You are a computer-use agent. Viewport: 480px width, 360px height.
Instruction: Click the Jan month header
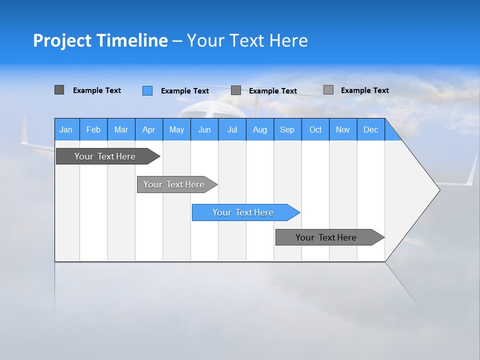click(66, 129)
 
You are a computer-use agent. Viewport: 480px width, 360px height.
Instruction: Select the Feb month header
click(93, 129)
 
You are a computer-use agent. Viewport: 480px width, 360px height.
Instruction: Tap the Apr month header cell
click(149, 129)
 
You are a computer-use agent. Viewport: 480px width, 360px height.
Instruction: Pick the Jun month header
click(204, 129)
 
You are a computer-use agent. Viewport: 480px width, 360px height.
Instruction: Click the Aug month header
click(260, 129)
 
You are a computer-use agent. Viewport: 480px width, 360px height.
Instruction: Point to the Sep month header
click(287, 129)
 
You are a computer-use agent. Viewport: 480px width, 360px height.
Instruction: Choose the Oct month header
click(315, 129)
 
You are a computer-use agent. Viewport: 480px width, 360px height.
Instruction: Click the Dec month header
click(371, 129)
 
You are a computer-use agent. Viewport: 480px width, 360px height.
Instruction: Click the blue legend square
click(147, 90)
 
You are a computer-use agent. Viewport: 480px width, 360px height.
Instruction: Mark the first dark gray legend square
click(59, 90)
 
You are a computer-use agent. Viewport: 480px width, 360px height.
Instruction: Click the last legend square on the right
click(328, 90)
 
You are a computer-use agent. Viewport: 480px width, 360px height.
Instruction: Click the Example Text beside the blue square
click(185, 91)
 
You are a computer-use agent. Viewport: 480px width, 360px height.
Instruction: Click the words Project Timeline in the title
click(100, 40)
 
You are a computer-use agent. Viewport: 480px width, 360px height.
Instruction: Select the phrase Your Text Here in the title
click(247, 40)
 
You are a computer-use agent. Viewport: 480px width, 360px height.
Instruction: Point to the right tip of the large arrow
click(438, 189)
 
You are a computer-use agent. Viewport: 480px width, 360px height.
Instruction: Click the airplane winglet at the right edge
click(471, 171)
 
